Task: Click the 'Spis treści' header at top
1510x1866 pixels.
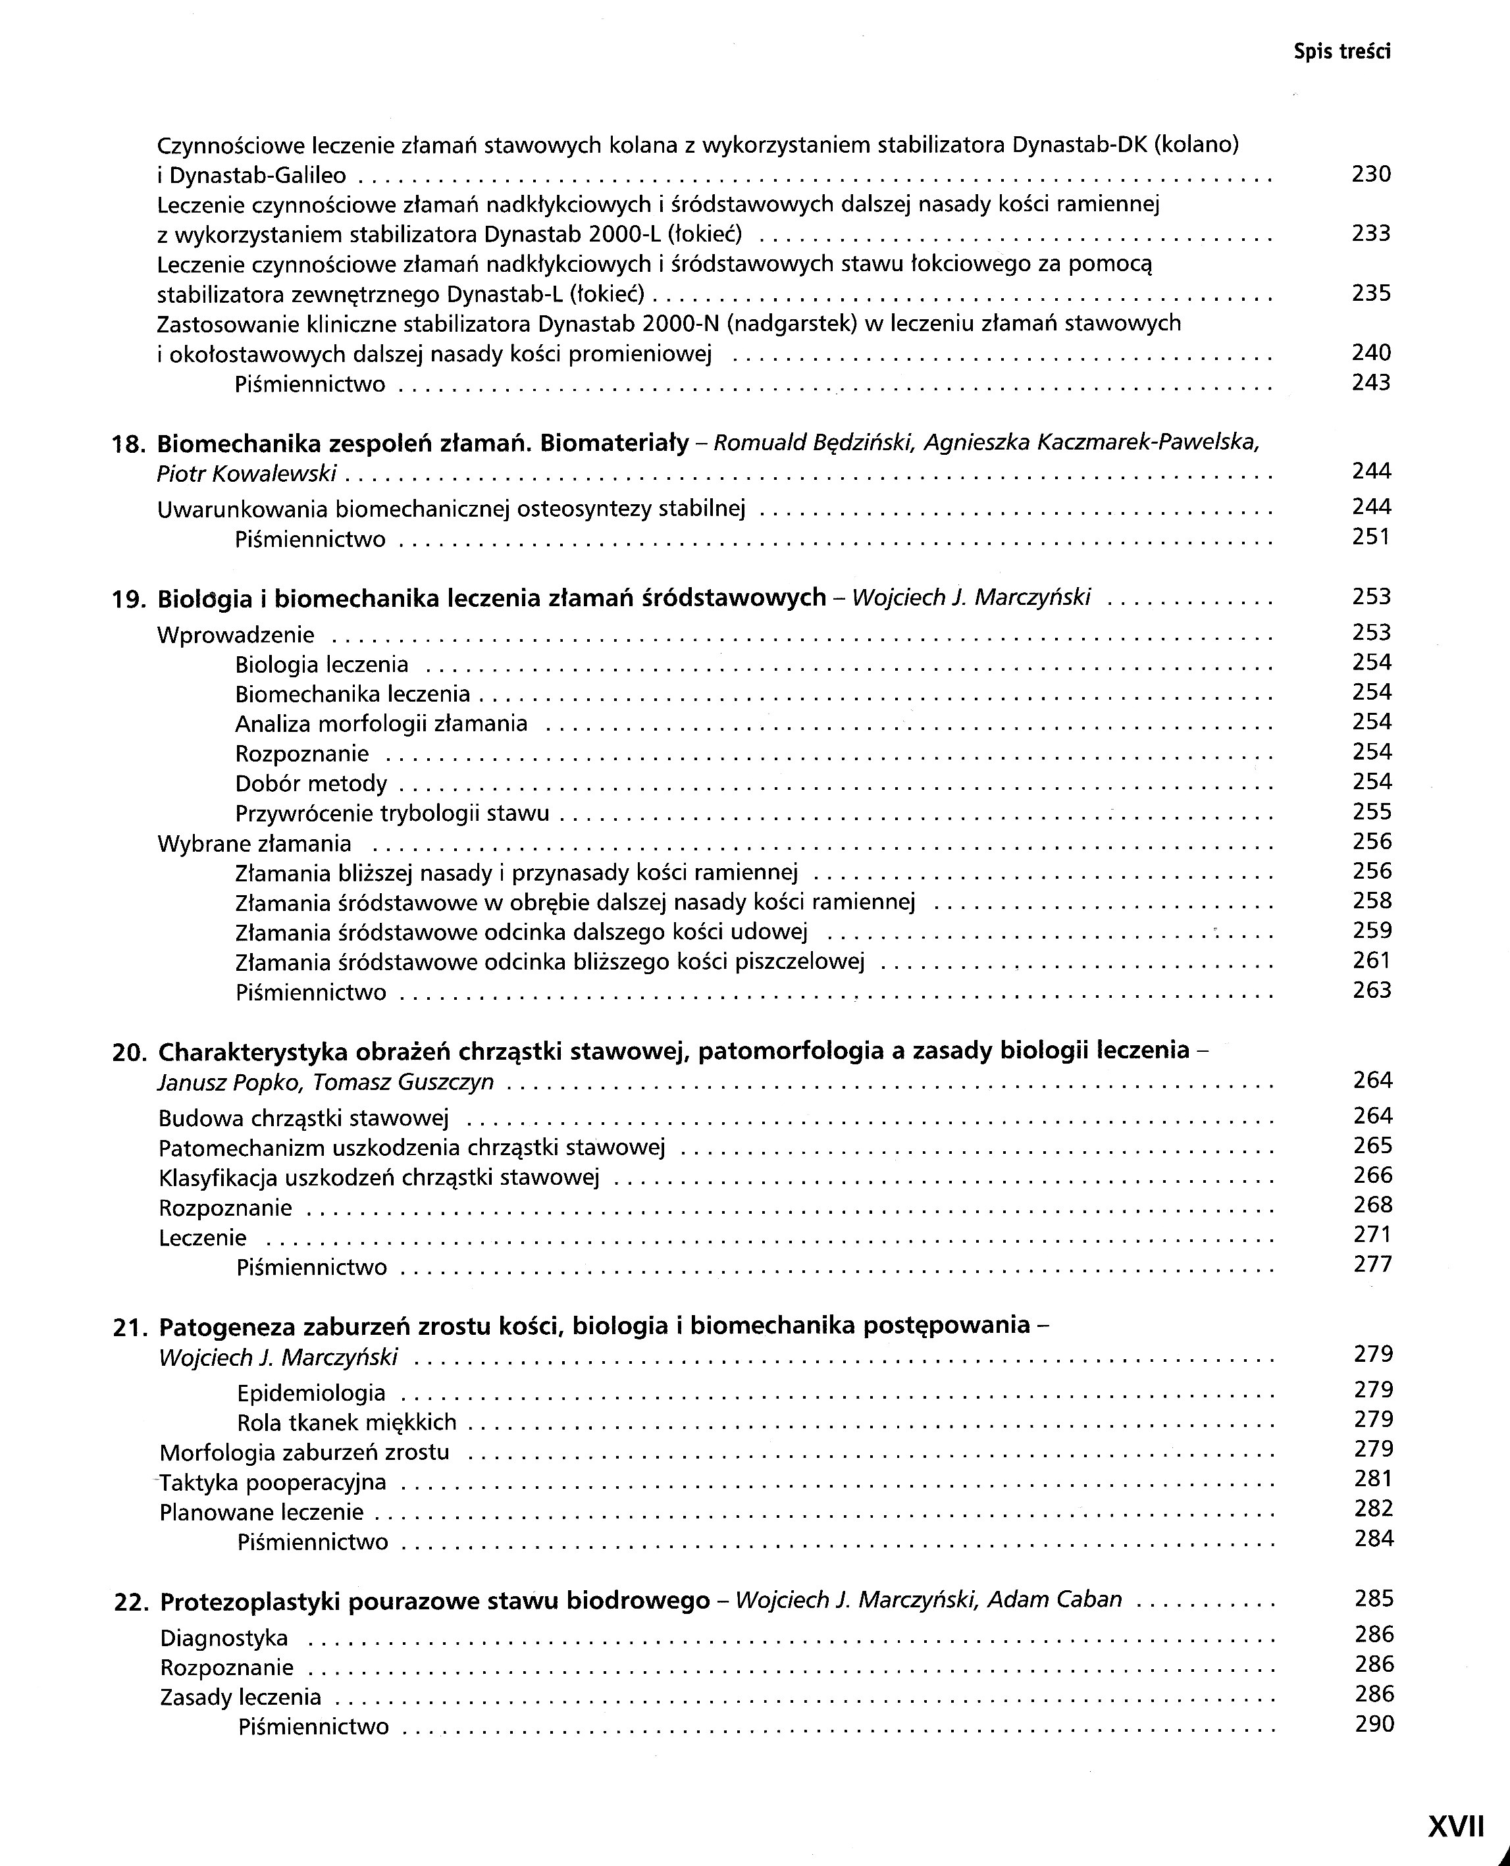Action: pos(1341,52)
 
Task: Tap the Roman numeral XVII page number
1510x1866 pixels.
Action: pos(1455,1825)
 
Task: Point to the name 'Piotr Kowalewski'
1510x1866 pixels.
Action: pos(246,474)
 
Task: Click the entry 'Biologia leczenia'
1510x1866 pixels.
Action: pos(321,665)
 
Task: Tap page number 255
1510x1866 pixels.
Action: pos(1372,812)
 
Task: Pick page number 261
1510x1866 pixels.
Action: pos(1372,961)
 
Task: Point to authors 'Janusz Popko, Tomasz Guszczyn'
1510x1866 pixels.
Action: pos(325,1083)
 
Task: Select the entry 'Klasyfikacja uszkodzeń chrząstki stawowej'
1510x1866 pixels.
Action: pos(378,1178)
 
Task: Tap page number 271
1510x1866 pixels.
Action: pos(1372,1235)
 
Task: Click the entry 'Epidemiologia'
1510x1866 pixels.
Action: pos(311,1393)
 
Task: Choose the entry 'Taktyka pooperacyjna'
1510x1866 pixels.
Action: pos(273,1482)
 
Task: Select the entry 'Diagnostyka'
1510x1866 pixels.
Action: pos(224,1639)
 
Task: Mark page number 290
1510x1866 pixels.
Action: pos(1374,1724)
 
